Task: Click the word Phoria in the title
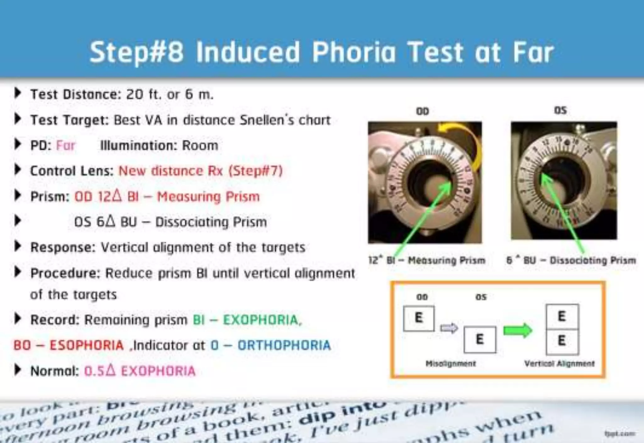[353, 52]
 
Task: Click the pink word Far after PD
[65, 146]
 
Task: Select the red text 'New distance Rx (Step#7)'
[200, 171]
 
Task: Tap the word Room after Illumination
[200, 146]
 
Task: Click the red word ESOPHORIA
[86, 346]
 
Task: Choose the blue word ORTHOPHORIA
[284, 346]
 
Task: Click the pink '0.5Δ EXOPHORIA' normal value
[140, 371]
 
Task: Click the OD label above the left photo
[422, 111]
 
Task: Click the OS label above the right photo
[560, 110]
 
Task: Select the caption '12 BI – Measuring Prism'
[427, 260]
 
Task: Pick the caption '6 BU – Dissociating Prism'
[571, 260]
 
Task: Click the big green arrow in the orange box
[517, 330]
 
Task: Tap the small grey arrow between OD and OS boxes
[449, 328]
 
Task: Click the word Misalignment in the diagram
[450, 364]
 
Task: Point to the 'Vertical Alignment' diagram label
[559, 364]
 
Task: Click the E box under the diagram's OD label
[419, 318]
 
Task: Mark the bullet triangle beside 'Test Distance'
[18, 93]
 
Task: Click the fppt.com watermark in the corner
[619, 434]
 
